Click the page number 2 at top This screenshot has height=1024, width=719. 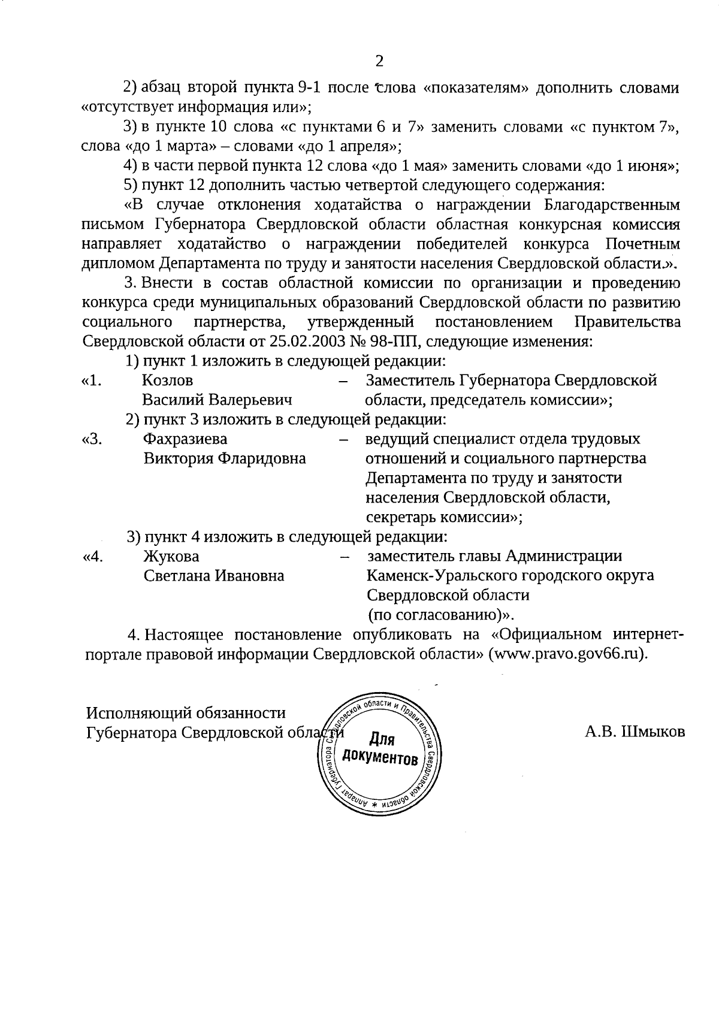pos(378,61)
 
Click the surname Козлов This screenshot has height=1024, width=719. pos(167,380)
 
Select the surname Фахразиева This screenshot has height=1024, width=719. pos(185,439)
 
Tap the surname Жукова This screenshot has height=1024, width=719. pos(171,557)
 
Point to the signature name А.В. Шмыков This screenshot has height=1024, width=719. pos(635,732)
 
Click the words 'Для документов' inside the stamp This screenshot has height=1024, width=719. pos(379,749)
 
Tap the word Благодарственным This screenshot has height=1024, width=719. pos(612,205)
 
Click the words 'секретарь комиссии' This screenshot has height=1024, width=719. pos(440,517)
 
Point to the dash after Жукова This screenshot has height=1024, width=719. pos(345,557)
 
